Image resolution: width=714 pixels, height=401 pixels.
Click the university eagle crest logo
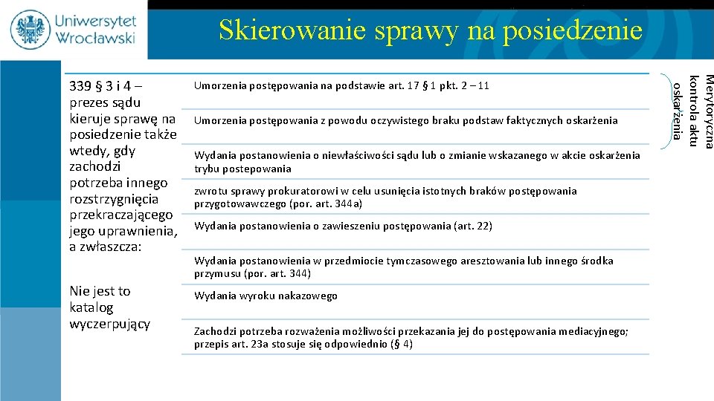(30, 29)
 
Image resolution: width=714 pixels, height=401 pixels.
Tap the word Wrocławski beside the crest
(96, 36)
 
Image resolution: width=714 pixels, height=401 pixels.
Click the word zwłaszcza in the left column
(126, 247)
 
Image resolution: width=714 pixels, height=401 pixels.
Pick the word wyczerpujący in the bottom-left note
(109, 324)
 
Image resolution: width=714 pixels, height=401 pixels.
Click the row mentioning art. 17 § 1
(341, 85)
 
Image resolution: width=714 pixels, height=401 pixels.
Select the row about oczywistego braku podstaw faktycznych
(405, 120)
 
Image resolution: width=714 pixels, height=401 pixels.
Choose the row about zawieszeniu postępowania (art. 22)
(343, 226)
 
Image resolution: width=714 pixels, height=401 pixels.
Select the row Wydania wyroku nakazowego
(266, 296)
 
